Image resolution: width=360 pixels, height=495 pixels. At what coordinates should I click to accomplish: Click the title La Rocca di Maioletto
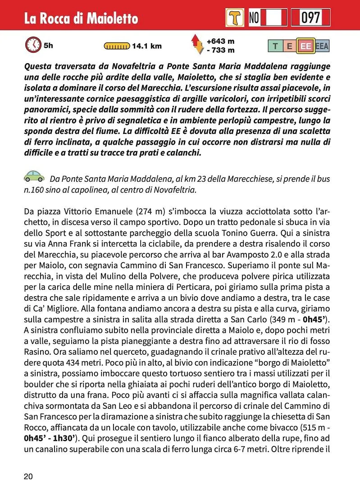[x=81, y=18]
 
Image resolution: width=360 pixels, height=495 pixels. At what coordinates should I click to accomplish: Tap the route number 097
[x=310, y=18]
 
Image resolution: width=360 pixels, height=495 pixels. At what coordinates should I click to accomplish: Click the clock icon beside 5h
[x=33, y=45]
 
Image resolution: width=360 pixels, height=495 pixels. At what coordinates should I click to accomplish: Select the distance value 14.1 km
[x=146, y=46]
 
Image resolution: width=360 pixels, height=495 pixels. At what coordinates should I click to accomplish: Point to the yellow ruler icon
[x=117, y=46]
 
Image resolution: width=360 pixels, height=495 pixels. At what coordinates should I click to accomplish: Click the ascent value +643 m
[x=220, y=41]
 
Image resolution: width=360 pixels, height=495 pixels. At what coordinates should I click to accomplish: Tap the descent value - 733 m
[x=220, y=50]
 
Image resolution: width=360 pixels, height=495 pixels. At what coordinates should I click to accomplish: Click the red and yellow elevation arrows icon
[x=197, y=45]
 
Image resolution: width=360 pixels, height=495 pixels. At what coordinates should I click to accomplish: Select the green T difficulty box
[x=275, y=46]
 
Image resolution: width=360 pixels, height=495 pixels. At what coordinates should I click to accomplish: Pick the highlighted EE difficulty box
[x=306, y=46]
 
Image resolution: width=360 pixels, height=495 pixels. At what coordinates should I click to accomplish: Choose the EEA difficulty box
[x=322, y=46]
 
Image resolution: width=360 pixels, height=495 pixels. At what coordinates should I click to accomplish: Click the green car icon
[x=34, y=176]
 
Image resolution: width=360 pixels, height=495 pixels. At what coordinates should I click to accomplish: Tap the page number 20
[x=28, y=477]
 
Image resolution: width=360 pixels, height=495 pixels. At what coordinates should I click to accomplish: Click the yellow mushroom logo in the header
[x=235, y=18]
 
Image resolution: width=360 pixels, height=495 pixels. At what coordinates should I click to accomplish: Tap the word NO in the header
[x=254, y=18]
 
